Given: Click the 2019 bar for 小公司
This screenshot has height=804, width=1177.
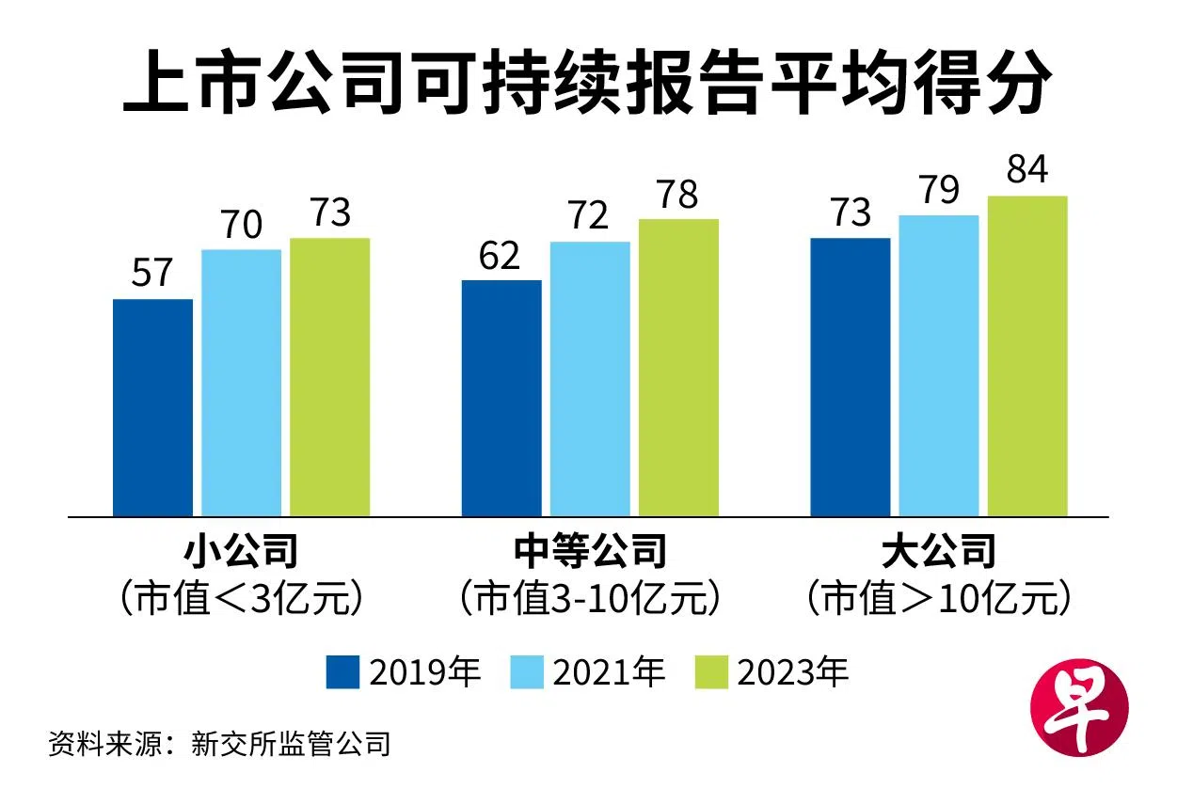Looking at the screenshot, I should pos(152,407).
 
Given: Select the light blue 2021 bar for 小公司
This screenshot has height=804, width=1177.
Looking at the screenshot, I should pos(241,383).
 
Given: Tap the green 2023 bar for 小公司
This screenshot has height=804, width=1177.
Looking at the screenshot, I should pos(329,377).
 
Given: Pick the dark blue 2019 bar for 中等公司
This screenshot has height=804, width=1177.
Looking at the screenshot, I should pos(501,398).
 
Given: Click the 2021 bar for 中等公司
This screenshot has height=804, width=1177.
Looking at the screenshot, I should pos(590,379).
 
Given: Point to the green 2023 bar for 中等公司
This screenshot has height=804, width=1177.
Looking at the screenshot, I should pos(678,368).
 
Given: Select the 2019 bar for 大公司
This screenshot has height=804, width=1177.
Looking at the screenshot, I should pos(851,377).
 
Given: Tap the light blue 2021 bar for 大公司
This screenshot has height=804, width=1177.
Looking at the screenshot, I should pos(939,366).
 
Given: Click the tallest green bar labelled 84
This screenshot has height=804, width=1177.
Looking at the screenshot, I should pos(1027,356).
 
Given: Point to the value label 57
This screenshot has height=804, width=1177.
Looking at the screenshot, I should pos(152,273).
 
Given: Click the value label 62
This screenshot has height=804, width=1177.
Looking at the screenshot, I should pos(499,255).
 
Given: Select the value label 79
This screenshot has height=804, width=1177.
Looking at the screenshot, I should pos(938,190).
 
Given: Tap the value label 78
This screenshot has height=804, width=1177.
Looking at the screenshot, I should pos(677,195).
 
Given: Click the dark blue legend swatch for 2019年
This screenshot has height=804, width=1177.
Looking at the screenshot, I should pos(342,672).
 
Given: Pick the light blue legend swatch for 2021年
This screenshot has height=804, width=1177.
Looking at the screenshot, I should pos(527,672).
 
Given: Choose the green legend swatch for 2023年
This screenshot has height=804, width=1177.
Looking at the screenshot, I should pos(711,672).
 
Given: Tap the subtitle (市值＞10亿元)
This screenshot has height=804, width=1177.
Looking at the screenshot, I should pos(939,598).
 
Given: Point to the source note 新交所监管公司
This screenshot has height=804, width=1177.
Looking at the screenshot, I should pos(290,745).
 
